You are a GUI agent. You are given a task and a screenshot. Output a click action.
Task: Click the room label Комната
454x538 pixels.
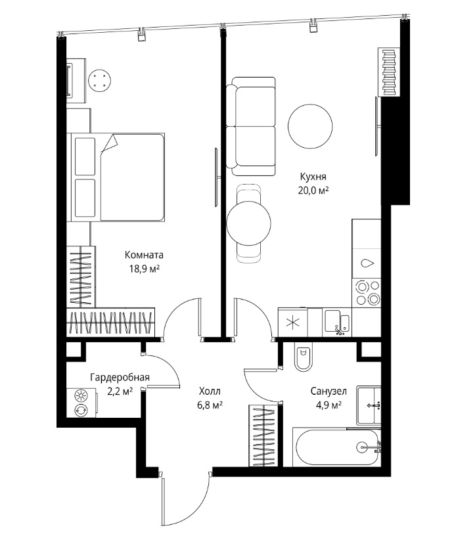pos(144,255)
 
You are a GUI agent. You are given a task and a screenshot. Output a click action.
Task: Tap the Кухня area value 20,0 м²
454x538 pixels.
pos(313,191)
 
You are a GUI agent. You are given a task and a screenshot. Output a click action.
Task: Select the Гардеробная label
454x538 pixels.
pos(120,378)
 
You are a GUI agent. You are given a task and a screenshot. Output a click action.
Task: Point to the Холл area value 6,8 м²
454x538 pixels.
pos(210,405)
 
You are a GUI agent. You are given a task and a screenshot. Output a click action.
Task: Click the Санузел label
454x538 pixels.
pos(329,391)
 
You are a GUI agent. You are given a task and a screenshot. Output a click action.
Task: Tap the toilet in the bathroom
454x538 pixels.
pos(304,357)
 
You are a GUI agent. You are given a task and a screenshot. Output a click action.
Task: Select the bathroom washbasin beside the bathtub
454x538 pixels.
pos(369,405)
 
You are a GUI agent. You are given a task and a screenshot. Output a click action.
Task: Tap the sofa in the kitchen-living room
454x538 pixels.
pos(251,126)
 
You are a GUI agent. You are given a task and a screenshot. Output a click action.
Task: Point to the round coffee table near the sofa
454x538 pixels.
pos(310,126)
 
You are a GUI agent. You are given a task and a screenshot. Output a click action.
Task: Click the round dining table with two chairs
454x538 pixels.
pos(249,223)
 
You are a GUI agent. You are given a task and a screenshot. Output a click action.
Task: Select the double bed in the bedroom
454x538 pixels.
pos(116,177)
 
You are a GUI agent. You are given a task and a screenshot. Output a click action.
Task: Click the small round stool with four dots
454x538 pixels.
pos(99,81)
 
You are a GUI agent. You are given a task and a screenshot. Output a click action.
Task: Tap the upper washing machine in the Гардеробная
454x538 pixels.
pos(81,397)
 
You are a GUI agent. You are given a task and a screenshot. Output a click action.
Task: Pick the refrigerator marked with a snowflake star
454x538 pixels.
pos(293,322)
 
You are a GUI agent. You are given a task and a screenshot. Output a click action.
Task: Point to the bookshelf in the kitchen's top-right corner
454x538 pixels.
pos(389,72)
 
